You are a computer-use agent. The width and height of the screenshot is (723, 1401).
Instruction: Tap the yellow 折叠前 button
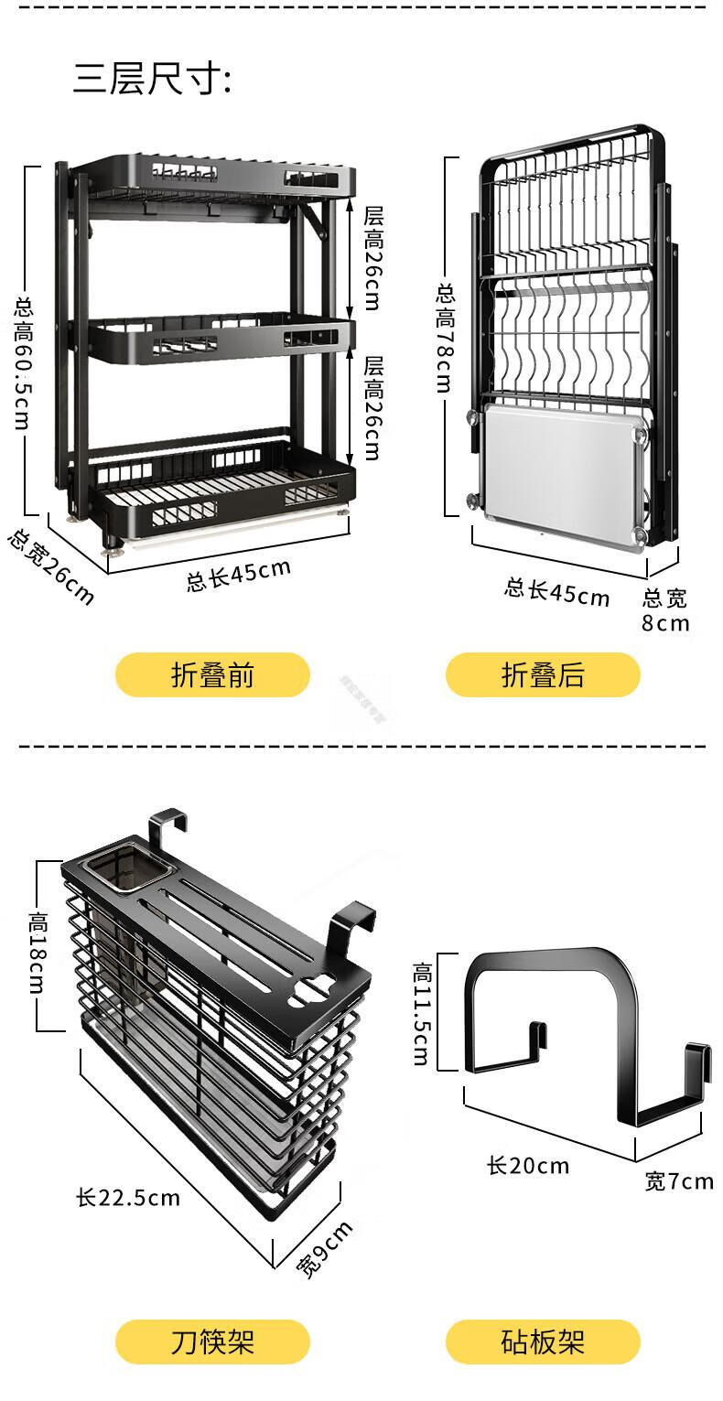[212, 675]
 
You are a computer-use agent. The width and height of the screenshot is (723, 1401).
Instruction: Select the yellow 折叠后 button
[543, 675]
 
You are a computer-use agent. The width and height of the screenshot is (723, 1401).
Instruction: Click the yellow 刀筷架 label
[212, 1342]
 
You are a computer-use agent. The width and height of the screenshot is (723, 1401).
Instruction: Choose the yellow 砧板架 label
[543, 1342]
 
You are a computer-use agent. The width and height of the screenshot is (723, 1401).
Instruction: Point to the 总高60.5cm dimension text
[22, 362]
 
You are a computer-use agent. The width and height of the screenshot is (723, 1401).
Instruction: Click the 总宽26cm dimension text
[50, 566]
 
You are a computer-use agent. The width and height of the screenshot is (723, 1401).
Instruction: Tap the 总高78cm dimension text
[445, 338]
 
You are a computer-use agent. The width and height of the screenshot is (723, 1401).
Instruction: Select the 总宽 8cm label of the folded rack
[665, 610]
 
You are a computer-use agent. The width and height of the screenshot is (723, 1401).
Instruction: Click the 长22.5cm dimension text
[128, 1197]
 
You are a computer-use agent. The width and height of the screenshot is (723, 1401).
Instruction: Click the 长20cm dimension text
[528, 1166]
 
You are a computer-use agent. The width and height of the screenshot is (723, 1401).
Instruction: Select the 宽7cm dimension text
[679, 1181]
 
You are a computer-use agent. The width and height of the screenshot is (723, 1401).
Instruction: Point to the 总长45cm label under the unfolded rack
[239, 575]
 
